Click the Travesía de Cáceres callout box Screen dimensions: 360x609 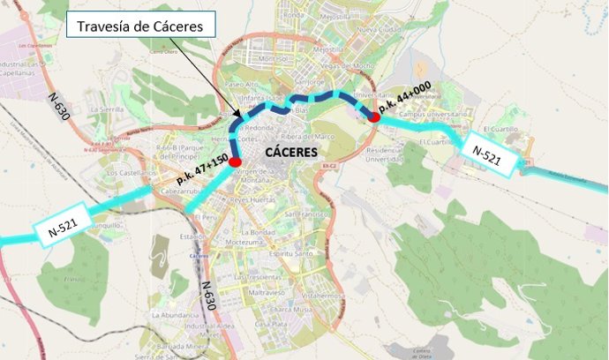coord(140,26)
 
